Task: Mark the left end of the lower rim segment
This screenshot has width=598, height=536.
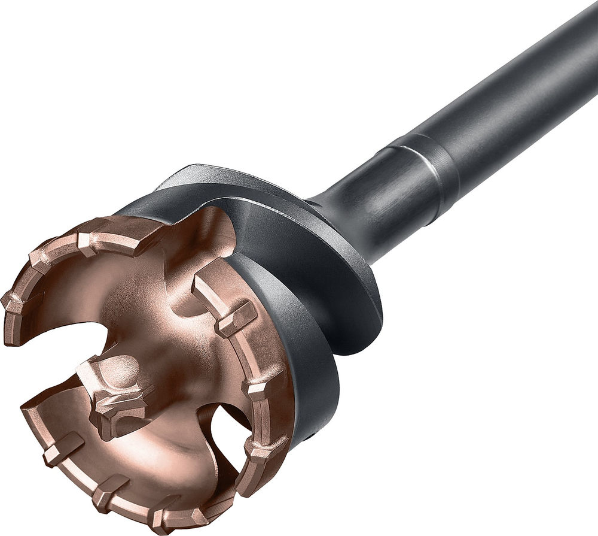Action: (30, 413)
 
